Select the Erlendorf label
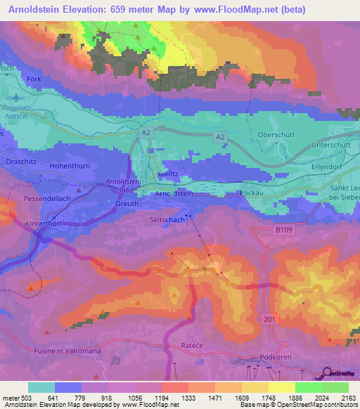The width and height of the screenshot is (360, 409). (x=329, y=169)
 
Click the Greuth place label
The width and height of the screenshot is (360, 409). (x=127, y=204)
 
